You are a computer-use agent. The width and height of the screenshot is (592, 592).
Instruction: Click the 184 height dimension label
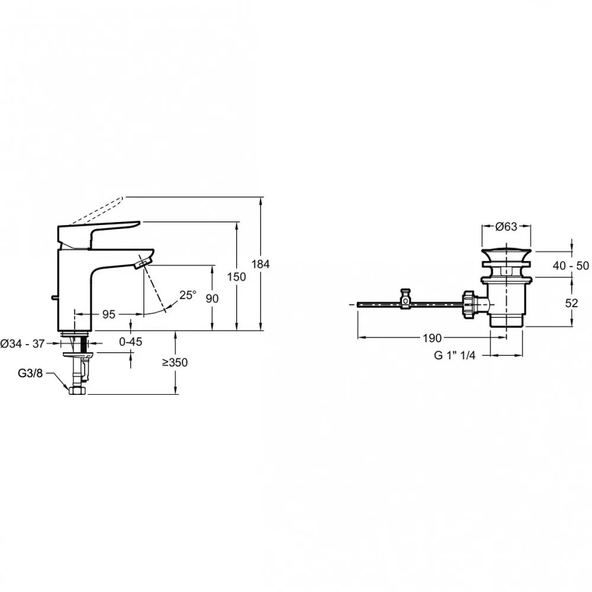260,264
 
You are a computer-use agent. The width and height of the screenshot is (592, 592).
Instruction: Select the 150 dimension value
236,276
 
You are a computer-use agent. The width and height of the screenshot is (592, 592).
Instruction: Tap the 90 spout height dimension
212,298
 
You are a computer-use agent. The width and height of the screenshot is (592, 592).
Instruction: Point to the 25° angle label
188,295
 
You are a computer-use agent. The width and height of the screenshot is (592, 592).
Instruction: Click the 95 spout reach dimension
109,314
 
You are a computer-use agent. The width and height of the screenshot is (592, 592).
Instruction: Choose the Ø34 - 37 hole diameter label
22,343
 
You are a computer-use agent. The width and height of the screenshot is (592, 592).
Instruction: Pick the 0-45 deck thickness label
131,342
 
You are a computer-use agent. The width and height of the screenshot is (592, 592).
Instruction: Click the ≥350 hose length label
175,362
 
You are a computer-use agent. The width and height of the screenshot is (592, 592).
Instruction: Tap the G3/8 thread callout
30,374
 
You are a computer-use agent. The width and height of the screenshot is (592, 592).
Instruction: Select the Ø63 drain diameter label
506,227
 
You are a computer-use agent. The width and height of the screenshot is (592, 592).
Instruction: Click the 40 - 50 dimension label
571,266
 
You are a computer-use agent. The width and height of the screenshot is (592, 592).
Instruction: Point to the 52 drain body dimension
572,303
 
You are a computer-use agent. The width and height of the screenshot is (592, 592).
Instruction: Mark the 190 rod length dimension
432,338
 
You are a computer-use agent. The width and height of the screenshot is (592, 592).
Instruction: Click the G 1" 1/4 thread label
455,355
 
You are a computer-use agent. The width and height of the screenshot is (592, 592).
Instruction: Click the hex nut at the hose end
78,390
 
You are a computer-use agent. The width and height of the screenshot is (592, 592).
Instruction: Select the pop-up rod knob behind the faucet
54,298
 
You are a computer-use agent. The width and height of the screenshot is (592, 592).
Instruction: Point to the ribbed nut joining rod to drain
468,305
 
